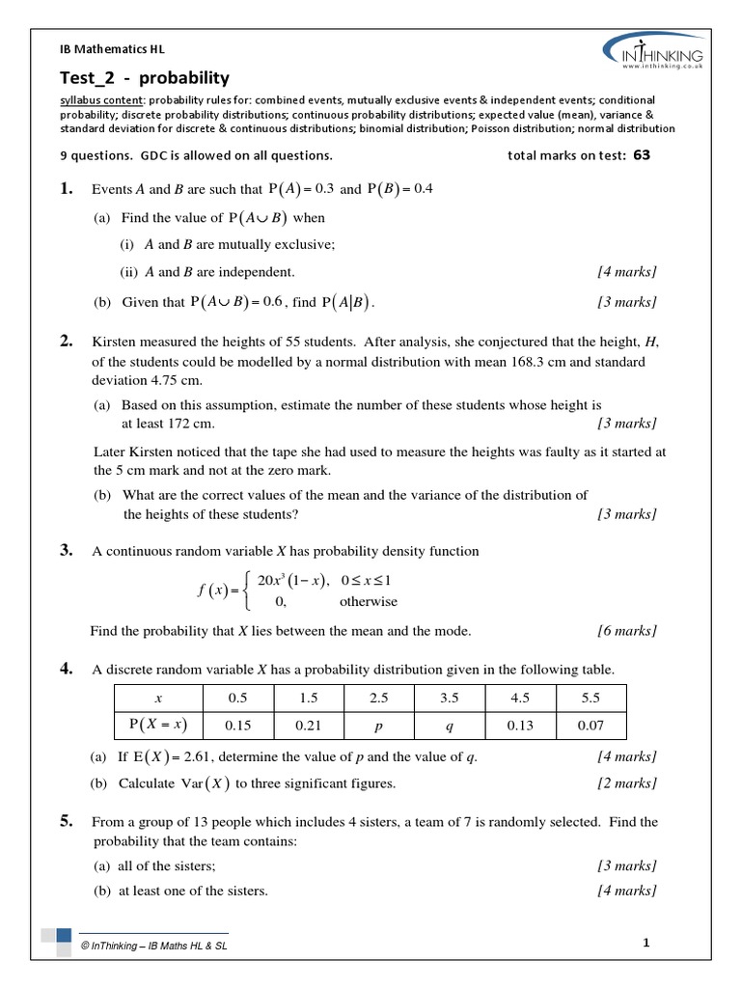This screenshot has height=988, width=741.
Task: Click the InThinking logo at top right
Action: point(653,50)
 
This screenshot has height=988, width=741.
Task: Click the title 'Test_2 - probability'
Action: point(145,78)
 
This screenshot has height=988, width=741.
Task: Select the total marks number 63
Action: point(642,154)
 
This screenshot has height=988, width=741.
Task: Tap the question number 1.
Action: point(67,189)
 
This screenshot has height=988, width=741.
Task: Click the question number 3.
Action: point(67,551)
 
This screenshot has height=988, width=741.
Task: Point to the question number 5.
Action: point(67,822)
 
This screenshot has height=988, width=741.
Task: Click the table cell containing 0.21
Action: point(309,724)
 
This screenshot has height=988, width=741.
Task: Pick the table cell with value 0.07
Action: point(590,724)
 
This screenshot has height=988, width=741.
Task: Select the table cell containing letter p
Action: point(378,724)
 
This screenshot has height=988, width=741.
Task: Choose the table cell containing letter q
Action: point(450,724)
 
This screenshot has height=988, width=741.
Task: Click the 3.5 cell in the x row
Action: point(450,698)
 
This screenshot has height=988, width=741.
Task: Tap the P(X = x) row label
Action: point(158,724)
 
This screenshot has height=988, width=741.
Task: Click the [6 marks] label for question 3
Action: point(627,631)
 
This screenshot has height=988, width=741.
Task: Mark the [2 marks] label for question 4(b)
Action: point(627,783)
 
